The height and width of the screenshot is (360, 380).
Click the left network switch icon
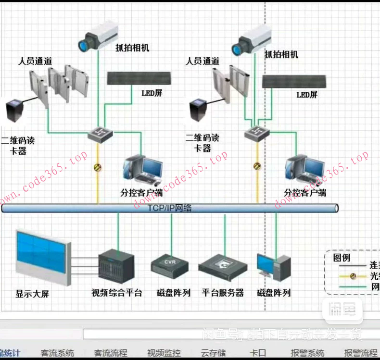click(100, 132)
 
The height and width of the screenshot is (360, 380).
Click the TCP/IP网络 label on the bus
click(169, 208)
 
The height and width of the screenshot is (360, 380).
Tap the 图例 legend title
click(342, 258)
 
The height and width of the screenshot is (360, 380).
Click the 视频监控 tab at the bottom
click(164, 353)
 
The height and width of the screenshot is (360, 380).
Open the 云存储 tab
click(213, 353)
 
